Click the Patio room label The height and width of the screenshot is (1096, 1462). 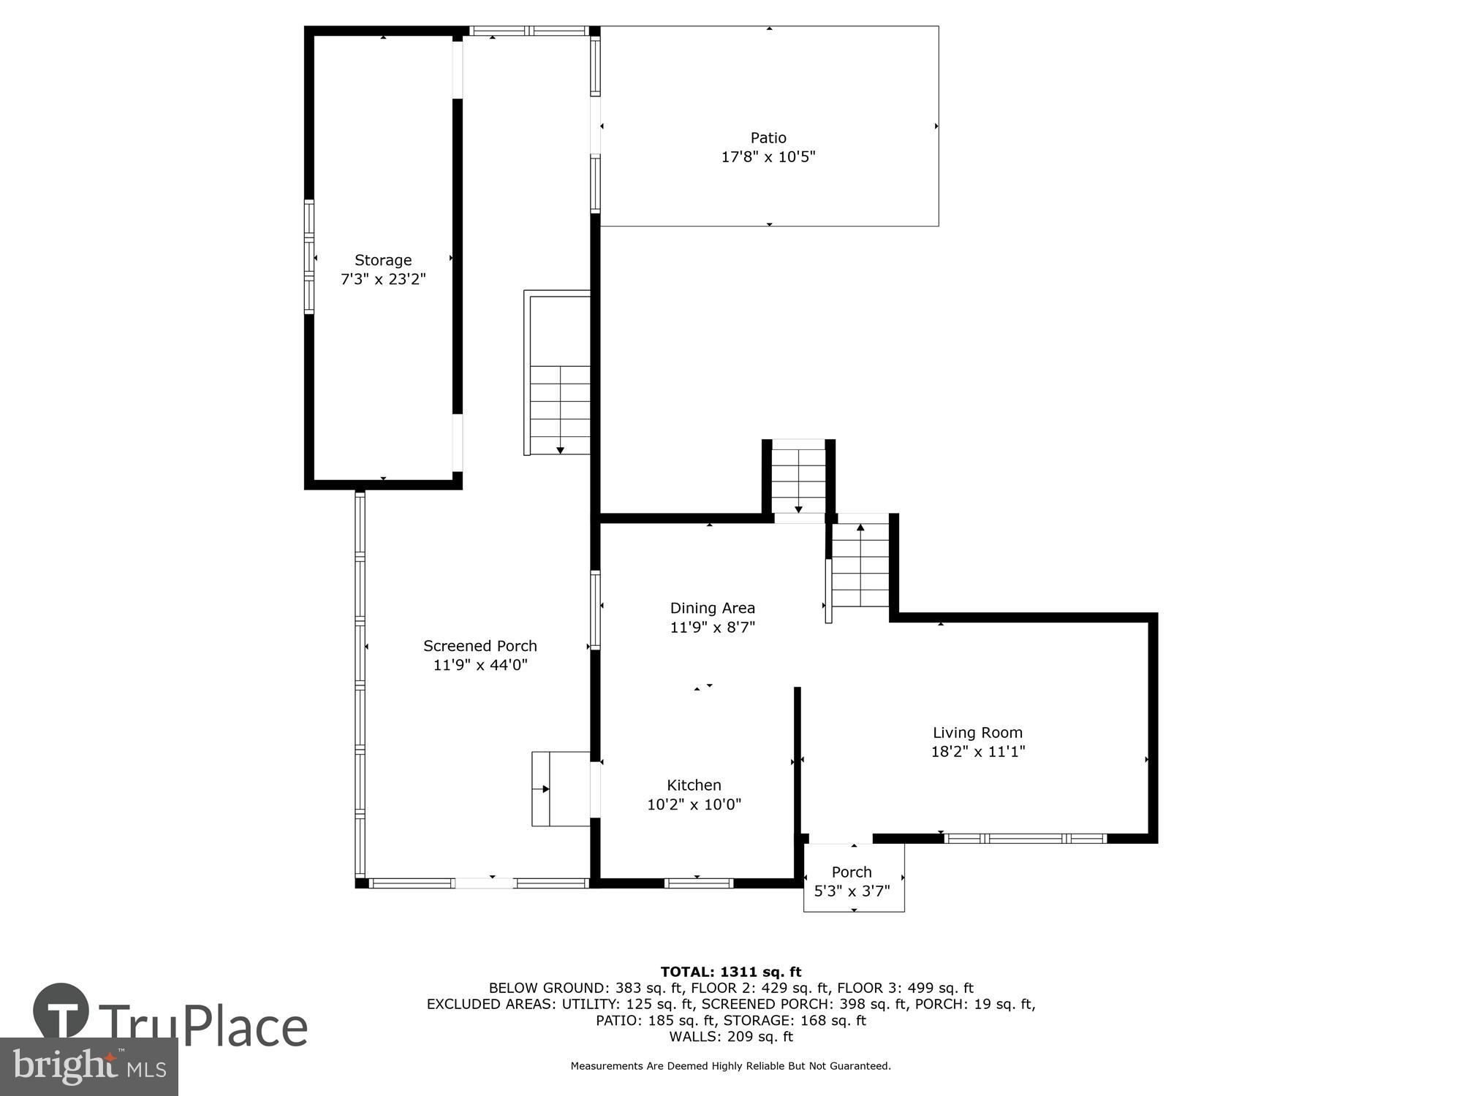768,137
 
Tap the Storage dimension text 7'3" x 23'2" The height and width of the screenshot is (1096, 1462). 383,279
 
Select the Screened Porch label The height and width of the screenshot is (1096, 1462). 480,646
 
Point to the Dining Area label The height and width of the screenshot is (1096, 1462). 712,608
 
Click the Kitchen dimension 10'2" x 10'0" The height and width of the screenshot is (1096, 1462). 694,804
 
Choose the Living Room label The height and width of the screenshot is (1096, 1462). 977,732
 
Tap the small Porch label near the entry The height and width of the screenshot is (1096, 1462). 852,872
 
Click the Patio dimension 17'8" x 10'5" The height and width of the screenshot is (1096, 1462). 768,156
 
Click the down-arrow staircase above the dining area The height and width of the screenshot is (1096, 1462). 798,479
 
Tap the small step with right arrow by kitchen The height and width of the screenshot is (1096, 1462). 560,789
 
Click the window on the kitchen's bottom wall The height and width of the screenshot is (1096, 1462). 698,883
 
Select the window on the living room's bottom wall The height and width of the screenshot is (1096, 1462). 1025,839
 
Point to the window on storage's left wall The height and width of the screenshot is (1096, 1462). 309,257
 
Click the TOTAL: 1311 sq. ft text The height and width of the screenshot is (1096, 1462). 730,972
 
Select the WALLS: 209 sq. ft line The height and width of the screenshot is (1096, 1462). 730,1036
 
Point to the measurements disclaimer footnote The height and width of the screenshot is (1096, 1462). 730,1066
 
